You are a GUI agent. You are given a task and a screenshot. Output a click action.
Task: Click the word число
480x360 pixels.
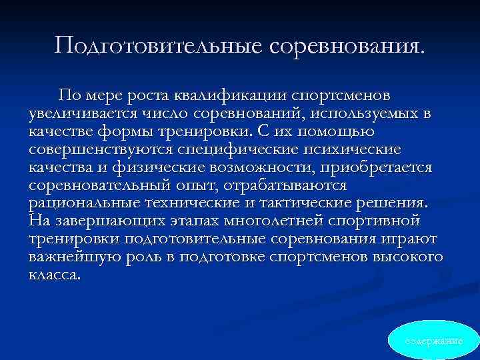pyautogui.click(x=160, y=114)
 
